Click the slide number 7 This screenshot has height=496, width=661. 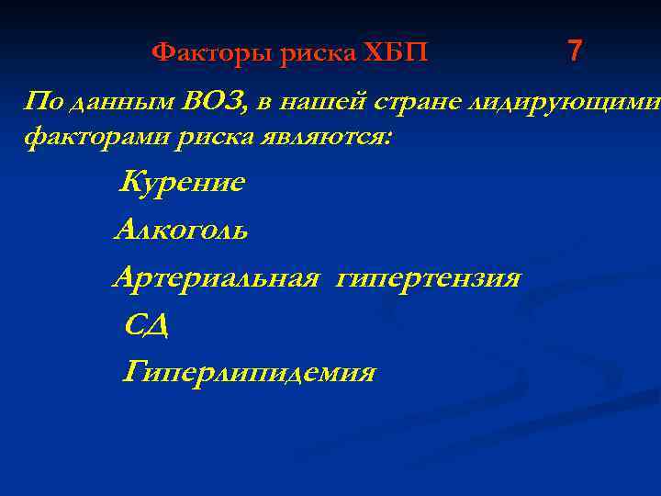click(x=575, y=51)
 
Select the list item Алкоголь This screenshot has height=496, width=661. click(x=181, y=230)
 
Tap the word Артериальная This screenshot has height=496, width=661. click(x=216, y=277)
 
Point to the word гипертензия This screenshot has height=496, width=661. click(x=428, y=277)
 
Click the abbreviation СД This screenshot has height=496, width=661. click(x=146, y=324)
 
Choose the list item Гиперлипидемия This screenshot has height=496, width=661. click(x=249, y=372)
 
